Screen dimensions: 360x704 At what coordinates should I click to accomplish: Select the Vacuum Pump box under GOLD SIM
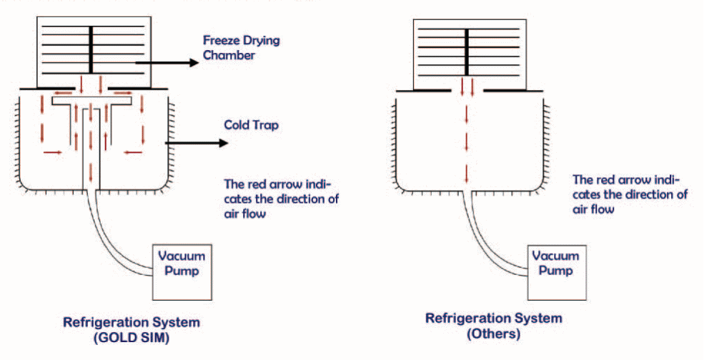181,264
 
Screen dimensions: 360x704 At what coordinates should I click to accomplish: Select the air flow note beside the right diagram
630,194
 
